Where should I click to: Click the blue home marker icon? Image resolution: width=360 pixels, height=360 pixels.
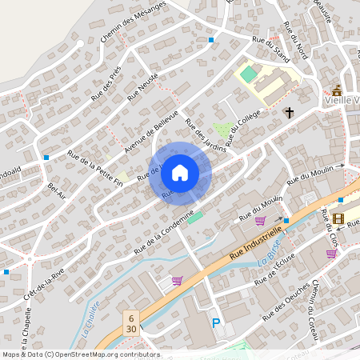click(180, 172)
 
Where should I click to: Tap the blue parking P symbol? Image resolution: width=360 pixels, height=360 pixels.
click(215, 323)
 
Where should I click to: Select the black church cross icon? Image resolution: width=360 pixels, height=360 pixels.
click(289, 113)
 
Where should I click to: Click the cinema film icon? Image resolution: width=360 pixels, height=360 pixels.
click(338, 218)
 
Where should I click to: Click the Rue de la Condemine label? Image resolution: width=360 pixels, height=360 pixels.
click(165, 231)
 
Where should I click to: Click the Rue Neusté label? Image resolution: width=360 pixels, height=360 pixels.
click(143, 86)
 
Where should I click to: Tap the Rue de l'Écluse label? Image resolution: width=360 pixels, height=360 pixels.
click(274, 267)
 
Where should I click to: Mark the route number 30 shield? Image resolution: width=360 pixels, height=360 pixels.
click(130, 329)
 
